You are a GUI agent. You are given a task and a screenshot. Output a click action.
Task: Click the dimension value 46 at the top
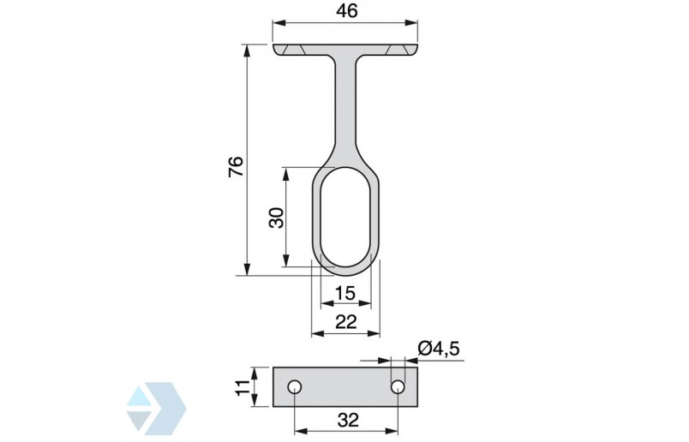[347, 11]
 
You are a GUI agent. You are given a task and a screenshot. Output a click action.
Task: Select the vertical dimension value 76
[237, 165]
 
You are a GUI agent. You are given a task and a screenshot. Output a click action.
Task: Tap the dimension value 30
[275, 218]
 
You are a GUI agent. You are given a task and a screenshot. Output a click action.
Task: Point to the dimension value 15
[344, 293]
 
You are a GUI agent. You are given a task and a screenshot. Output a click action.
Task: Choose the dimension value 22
[344, 322]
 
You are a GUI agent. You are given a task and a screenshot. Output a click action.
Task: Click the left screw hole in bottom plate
[294, 387]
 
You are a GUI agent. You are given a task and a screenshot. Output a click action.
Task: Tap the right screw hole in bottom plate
[398, 387]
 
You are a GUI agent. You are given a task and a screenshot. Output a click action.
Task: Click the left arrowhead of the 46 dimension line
[279, 26]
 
